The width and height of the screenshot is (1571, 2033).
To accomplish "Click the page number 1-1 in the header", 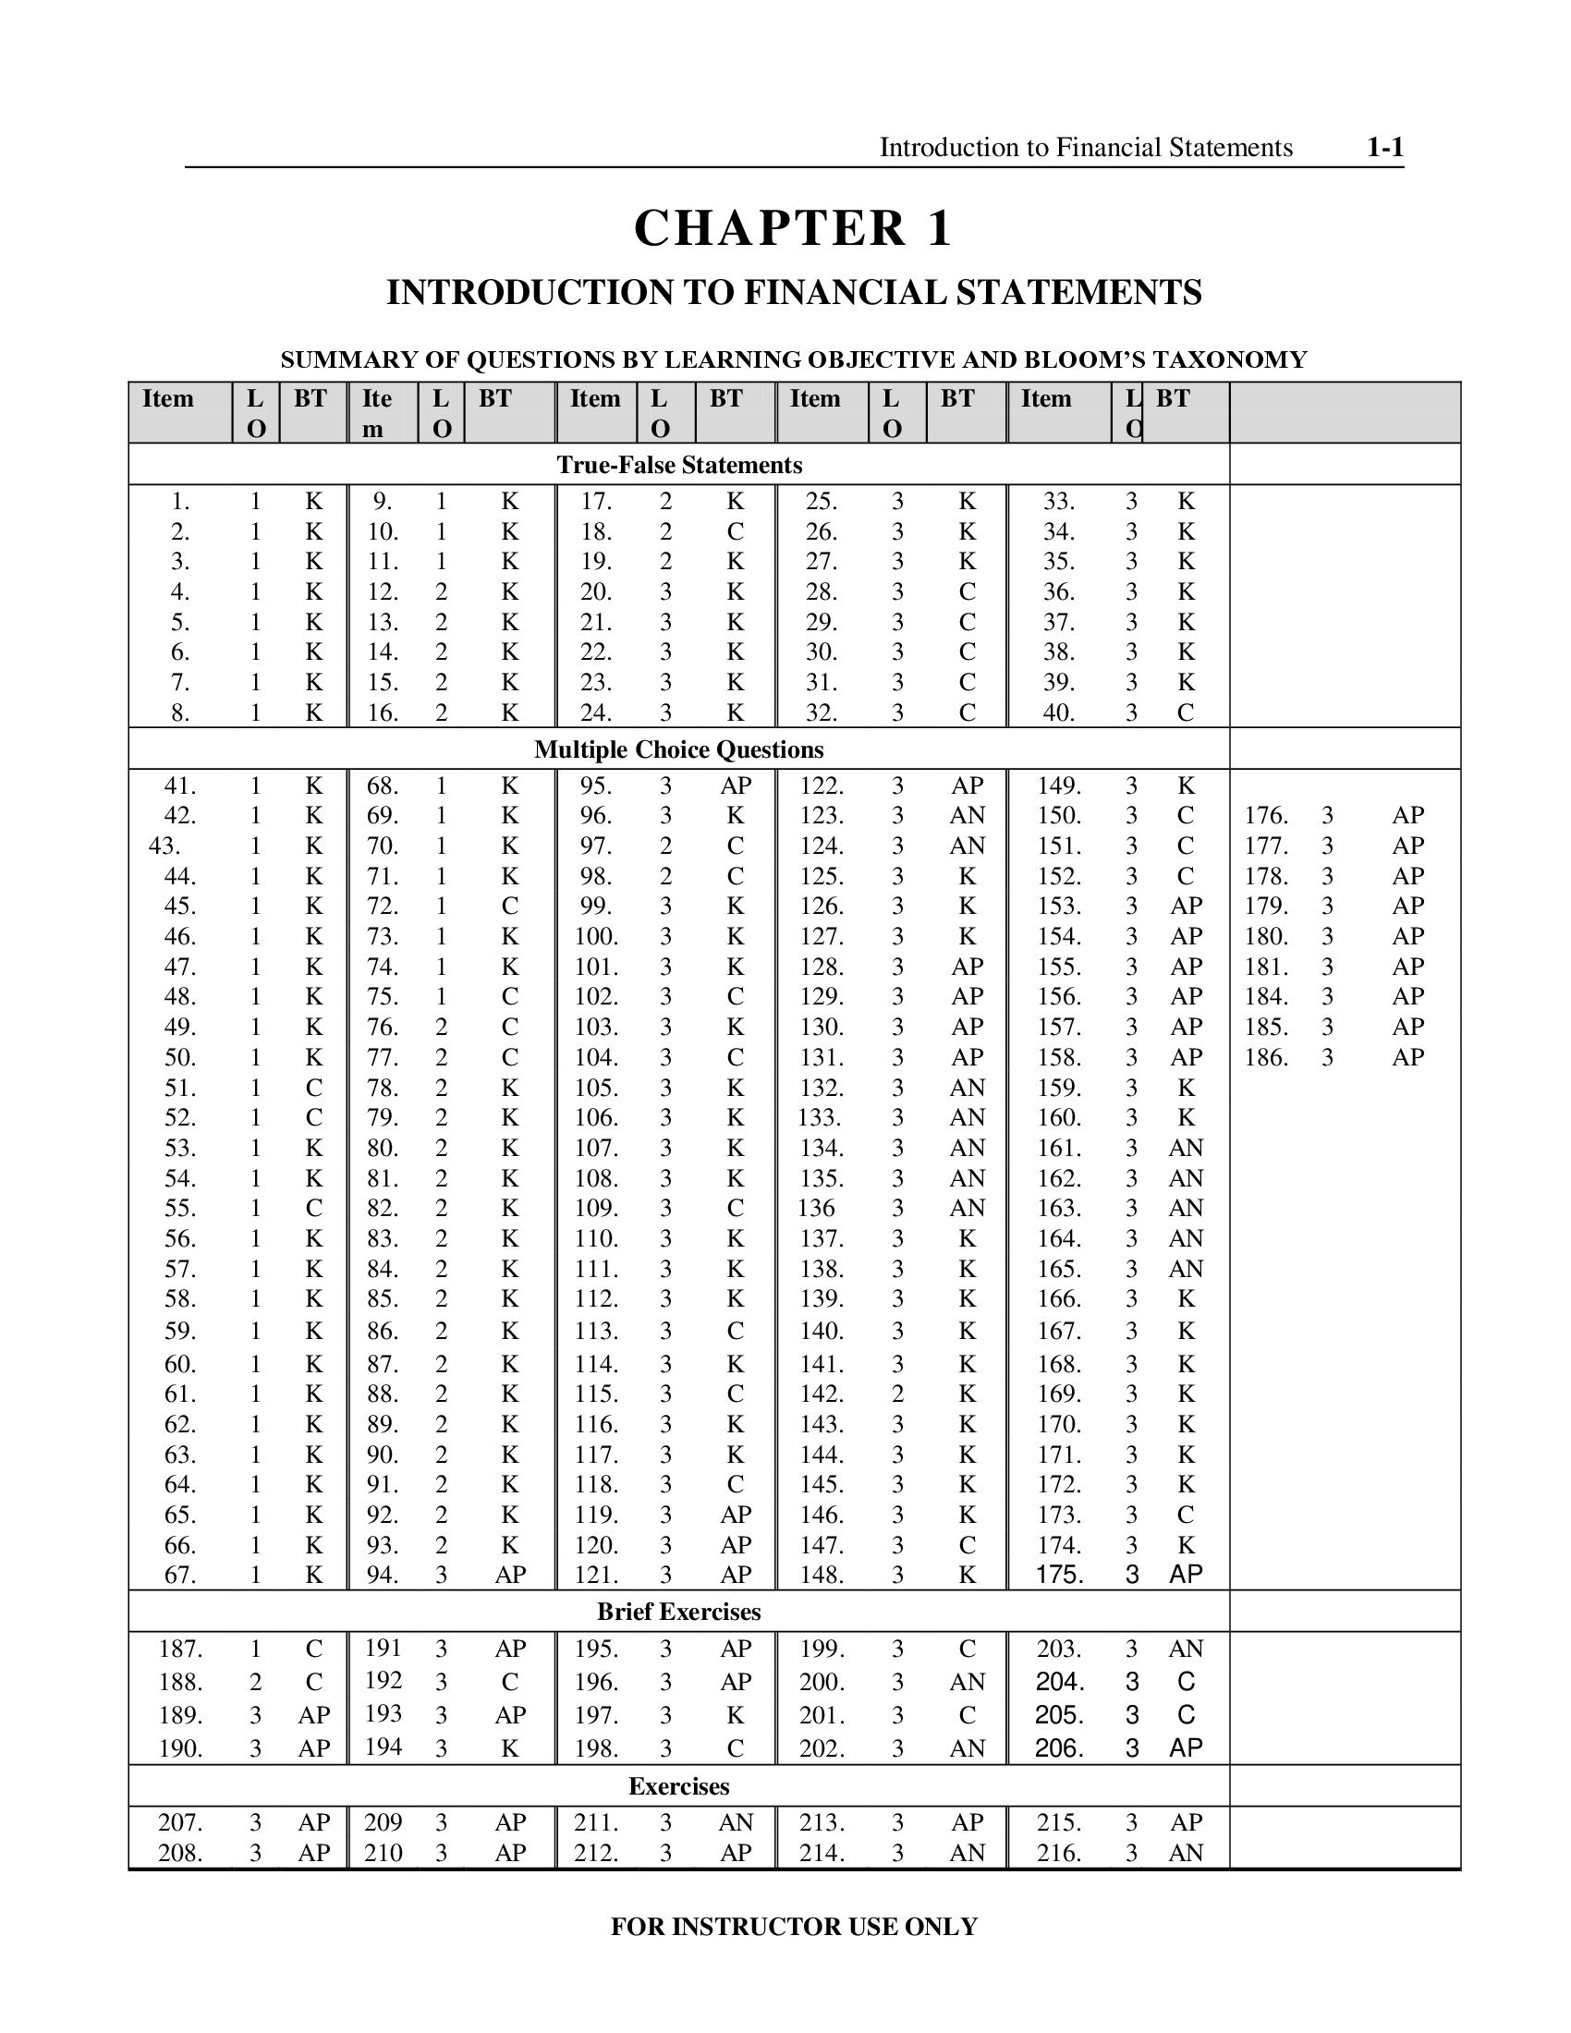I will [1384, 148].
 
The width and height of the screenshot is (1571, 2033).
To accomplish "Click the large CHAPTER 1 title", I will [793, 228].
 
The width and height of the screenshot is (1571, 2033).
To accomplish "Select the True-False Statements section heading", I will [678, 465].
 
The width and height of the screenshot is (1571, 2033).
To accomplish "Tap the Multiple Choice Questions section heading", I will [678, 749].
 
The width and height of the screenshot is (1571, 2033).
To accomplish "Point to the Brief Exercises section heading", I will [678, 1612].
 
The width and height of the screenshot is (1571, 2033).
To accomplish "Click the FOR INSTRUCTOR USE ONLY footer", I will [794, 1926].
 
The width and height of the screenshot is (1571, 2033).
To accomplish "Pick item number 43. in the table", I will [164, 846].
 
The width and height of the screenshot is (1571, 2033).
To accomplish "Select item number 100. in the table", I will [596, 935].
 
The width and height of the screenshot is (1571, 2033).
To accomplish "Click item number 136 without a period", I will [815, 1208].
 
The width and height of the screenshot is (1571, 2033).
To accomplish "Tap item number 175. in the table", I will [1060, 1574].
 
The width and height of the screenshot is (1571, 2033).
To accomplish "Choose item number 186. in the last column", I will [1267, 1056].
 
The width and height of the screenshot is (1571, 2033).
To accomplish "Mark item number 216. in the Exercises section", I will [1060, 1853].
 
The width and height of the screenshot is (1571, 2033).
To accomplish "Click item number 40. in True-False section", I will [1059, 712].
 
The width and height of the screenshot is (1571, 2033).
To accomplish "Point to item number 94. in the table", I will [383, 1574].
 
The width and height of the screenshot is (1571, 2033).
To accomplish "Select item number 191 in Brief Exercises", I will [383, 1648].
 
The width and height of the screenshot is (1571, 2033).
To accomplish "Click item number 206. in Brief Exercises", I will [1060, 1747].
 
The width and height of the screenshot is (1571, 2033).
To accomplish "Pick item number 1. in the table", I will [180, 502].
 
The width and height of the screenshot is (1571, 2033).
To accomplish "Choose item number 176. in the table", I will [1267, 815].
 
